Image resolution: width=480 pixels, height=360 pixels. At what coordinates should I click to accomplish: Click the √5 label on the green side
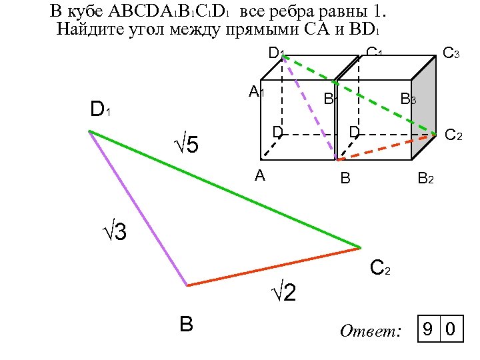(187, 144)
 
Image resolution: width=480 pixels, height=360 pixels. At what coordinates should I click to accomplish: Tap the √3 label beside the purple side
(114, 233)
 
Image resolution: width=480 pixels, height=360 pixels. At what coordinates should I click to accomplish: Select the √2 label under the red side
(283, 293)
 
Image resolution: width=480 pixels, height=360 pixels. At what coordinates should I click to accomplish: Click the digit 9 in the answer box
(428, 329)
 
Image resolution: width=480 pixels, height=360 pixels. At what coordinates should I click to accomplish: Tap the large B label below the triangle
(186, 324)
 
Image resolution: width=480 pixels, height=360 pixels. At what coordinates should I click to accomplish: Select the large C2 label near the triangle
(380, 269)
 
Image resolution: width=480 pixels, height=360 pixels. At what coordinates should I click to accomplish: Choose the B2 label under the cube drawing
(425, 179)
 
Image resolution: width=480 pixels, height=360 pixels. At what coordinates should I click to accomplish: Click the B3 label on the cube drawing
(408, 100)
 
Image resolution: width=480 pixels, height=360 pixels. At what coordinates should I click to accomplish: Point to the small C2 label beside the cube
(453, 135)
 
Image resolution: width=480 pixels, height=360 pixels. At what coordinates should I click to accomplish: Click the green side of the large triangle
(227, 190)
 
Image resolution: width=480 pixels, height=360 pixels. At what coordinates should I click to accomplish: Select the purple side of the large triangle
(138, 208)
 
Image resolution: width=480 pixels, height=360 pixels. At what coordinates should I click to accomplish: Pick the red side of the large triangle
(273, 267)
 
